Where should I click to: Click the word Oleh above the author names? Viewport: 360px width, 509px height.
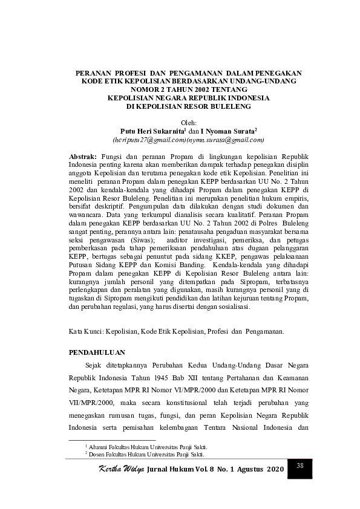point(189,123)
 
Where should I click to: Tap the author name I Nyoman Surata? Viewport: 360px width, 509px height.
point(226,131)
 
